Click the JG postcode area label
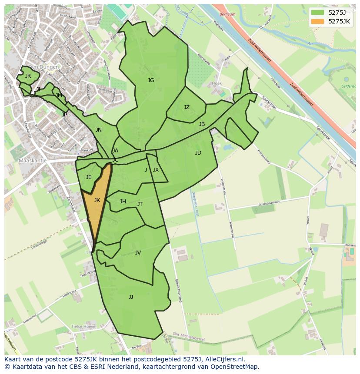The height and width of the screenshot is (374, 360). click(151, 80)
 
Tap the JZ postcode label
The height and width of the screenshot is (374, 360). click(187, 107)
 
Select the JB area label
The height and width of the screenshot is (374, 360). click(202, 124)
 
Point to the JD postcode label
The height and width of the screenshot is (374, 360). click(198, 153)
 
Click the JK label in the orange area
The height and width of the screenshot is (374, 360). click(97, 200)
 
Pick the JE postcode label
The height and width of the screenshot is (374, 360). click(89, 177)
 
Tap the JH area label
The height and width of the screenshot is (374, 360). click(123, 202)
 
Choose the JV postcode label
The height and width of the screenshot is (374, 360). click(138, 253)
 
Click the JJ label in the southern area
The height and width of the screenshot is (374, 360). click(131, 297)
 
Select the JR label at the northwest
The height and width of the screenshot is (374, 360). click(28, 76)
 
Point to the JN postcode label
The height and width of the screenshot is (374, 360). click(99, 130)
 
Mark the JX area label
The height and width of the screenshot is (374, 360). click(156, 170)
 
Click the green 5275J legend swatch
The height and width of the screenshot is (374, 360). click(317, 12)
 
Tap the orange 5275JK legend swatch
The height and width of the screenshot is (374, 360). click(317, 21)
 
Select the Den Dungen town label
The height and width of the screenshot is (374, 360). click(43, 67)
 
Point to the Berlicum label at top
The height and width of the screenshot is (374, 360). click(227, 14)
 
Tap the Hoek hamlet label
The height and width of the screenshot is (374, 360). click(217, 83)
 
